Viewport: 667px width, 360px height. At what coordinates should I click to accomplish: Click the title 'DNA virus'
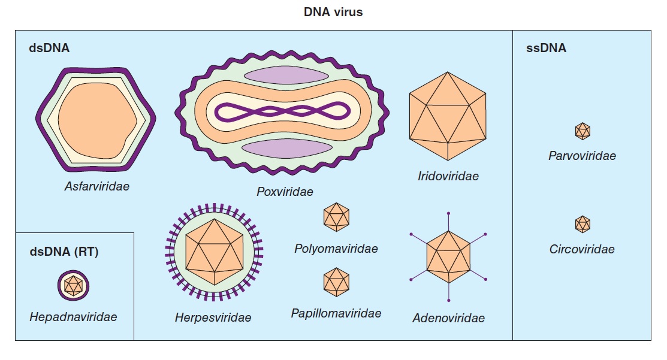click(333, 12)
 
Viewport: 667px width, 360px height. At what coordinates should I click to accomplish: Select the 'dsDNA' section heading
click(49, 49)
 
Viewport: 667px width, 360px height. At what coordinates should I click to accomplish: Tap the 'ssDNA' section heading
click(546, 49)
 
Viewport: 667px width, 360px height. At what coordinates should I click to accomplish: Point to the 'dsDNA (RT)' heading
click(64, 252)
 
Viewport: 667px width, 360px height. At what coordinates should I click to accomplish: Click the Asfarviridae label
click(96, 186)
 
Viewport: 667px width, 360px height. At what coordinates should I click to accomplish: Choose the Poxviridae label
click(285, 192)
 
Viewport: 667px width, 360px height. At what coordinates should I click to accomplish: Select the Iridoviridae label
click(448, 176)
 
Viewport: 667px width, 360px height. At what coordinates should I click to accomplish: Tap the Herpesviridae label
click(213, 317)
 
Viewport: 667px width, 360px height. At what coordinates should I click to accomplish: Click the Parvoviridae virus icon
click(583, 131)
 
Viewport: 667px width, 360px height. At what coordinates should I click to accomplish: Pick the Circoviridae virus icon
click(583, 224)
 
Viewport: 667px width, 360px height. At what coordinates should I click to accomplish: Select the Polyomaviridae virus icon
click(336, 217)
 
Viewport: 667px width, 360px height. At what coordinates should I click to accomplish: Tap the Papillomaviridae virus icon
click(336, 282)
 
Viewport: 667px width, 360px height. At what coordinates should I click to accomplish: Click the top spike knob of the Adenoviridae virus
click(448, 213)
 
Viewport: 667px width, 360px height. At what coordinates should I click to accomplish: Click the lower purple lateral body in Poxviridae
click(286, 148)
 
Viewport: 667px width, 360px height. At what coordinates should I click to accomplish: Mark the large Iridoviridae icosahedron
click(447, 116)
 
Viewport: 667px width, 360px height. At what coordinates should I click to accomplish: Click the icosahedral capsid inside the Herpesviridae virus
click(214, 252)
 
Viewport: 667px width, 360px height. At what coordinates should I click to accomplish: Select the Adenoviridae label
click(448, 318)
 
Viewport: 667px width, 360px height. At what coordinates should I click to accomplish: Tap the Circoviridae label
click(582, 249)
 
